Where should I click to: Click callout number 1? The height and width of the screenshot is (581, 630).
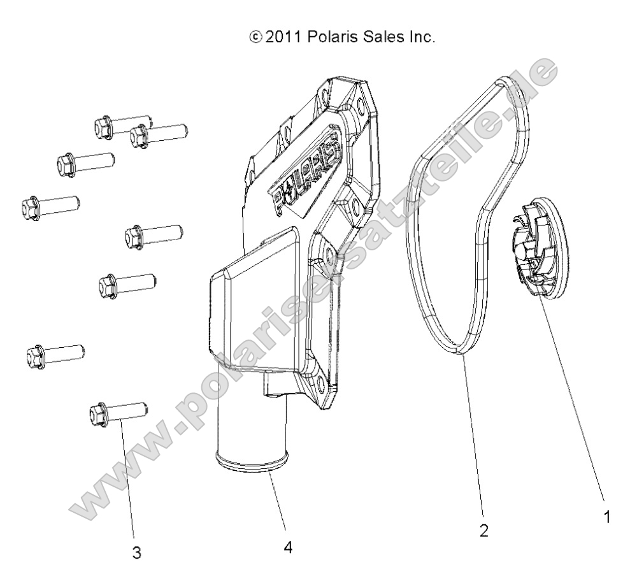click(x=608, y=517)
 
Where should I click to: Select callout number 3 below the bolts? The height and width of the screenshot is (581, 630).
click(x=136, y=552)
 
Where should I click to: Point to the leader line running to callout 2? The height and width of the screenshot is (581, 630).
click(x=475, y=440)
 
